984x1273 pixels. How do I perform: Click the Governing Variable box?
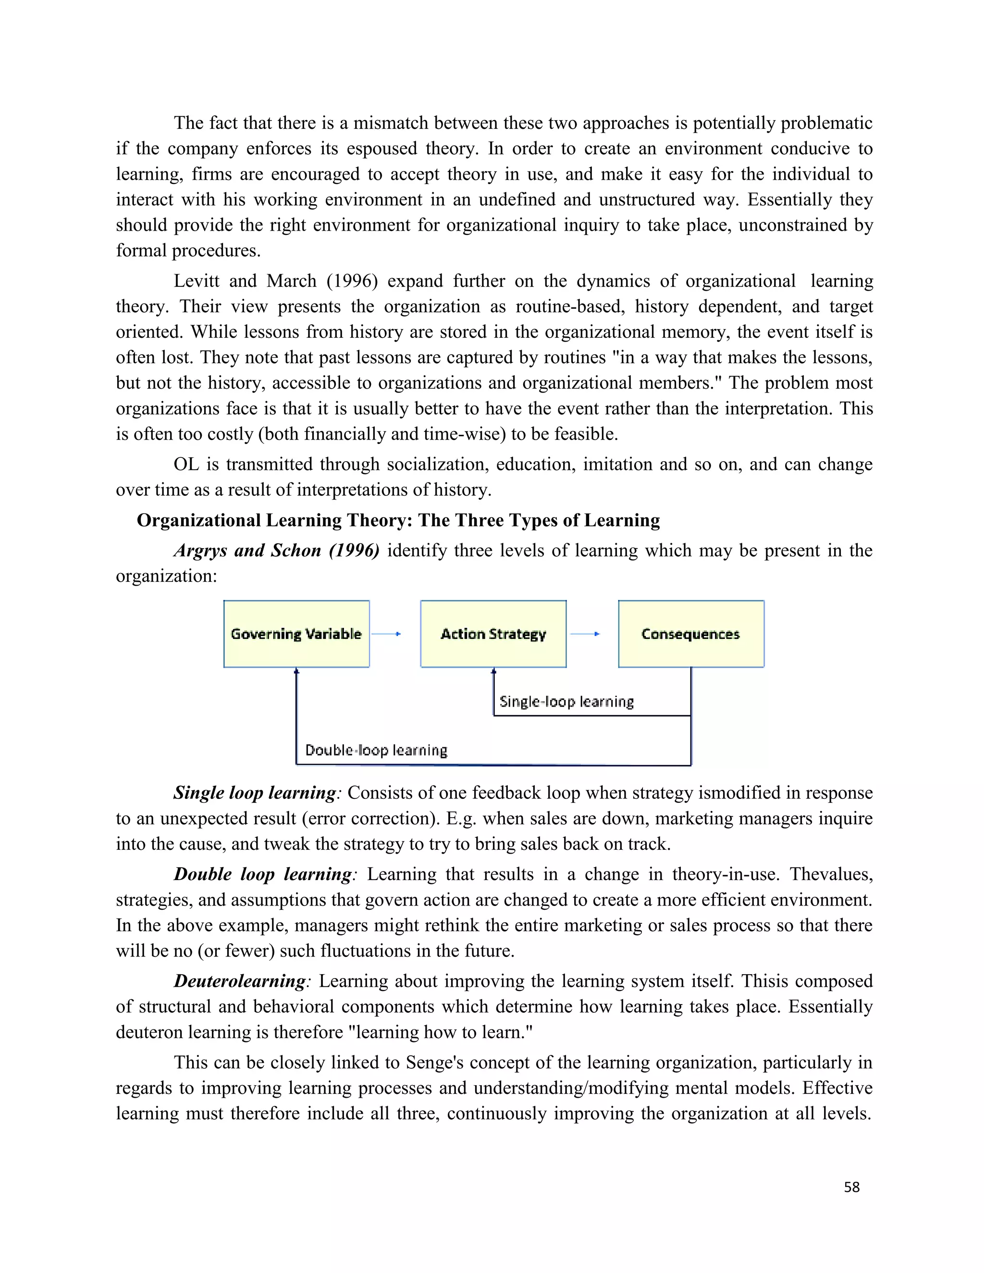296,634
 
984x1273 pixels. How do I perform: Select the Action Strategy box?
493,634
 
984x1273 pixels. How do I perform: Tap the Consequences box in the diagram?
691,634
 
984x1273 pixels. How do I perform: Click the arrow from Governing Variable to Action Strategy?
386,634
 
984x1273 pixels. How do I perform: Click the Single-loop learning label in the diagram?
566,701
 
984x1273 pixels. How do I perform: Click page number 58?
852,1187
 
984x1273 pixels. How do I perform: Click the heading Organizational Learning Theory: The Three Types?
398,520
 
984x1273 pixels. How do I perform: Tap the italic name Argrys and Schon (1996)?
277,550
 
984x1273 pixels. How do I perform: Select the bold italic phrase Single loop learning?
255,793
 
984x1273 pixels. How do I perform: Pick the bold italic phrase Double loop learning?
263,874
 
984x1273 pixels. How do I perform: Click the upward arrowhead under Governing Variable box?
296,672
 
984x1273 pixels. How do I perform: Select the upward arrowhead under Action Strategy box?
493,672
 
